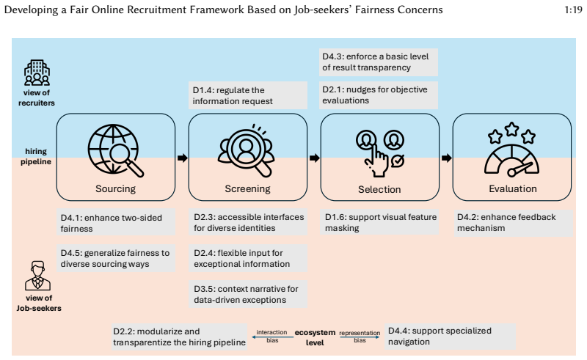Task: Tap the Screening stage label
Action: [x=247, y=188]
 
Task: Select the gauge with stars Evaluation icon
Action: [x=511, y=150]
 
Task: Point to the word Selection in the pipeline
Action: [x=379, y=189]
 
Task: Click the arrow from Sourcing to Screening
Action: [x=182, y=158]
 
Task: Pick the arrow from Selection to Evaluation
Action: [x=447, y=158]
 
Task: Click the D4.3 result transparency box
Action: [x=379, y=62]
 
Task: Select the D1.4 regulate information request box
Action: [x=248, y=95]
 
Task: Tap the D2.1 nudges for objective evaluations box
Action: [x=379, y=95]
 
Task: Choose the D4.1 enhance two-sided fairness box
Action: [x=116, y=222]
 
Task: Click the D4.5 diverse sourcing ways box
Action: [x=116, y=258]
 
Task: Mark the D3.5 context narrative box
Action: [x=248, y=294]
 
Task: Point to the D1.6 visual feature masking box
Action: [x=379, y=222]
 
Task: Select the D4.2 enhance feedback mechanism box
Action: [x=513, y=223]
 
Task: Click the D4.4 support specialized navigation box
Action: [x=450, y=337]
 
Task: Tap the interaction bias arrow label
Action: [x=272, y=336]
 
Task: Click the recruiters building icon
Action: [x=37, y=73]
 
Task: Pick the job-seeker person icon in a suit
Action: [x=38, y=276]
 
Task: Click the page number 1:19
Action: [x=573, y=10]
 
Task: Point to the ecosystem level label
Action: [x=315, y=337]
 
